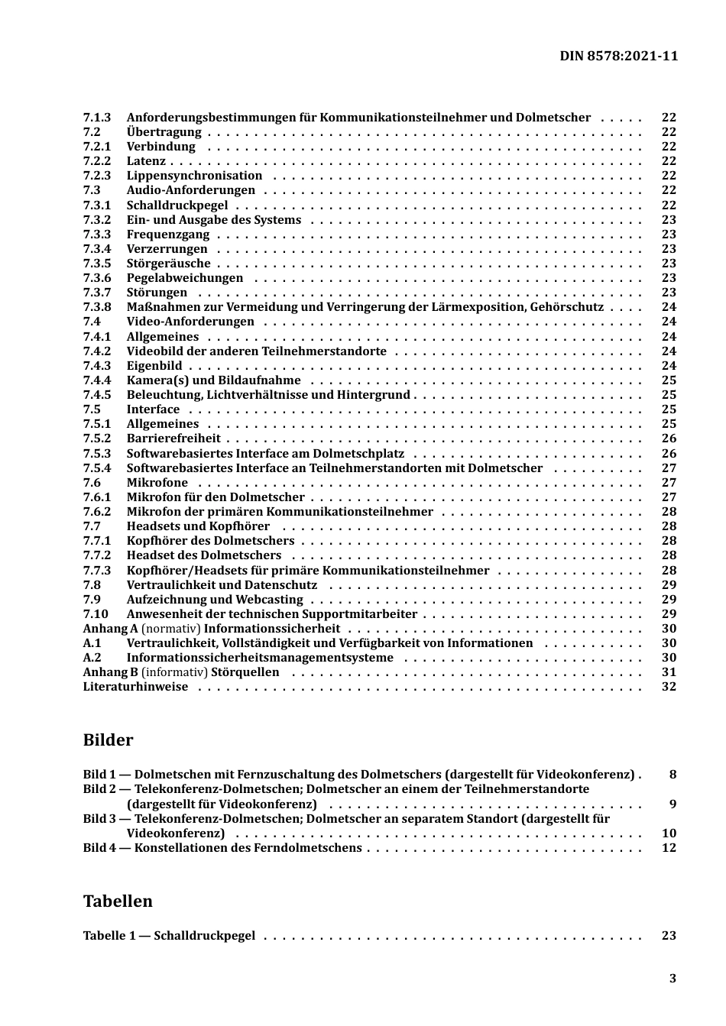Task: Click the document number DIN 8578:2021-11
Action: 618,56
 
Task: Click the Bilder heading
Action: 108,740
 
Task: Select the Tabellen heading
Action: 118,901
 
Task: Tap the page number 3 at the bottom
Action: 673,979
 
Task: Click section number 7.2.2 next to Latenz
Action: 97,161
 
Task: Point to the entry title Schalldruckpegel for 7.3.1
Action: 177,206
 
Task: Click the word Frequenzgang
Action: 167,235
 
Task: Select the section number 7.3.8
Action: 97,307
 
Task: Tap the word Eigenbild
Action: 154,366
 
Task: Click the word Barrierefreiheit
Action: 173,439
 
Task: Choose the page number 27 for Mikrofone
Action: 669,483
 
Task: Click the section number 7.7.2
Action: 97,555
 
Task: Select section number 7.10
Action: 96,614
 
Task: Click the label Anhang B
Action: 110,672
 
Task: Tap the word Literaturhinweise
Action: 135,687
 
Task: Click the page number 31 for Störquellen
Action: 669,672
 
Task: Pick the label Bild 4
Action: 99,848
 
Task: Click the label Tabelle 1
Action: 109,936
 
